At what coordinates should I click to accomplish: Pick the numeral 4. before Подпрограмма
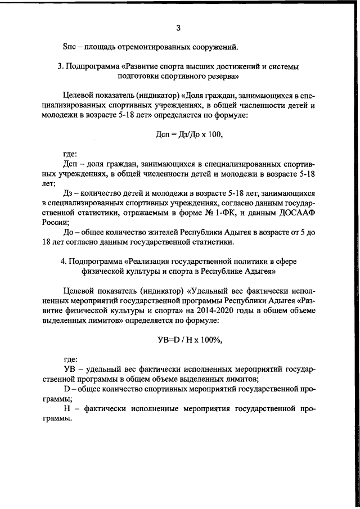point(62,261)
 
